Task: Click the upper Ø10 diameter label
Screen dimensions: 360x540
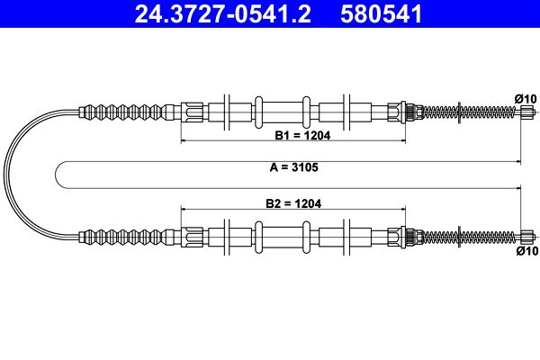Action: click(x=526, y=97)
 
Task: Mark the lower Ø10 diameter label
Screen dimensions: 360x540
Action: click(x=526, y=252)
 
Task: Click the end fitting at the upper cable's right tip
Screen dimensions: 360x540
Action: click(x=528, y=112)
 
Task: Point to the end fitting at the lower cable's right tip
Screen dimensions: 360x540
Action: click(x=528, y=238)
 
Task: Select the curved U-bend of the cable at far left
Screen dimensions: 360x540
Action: click(x=11, y=175)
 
